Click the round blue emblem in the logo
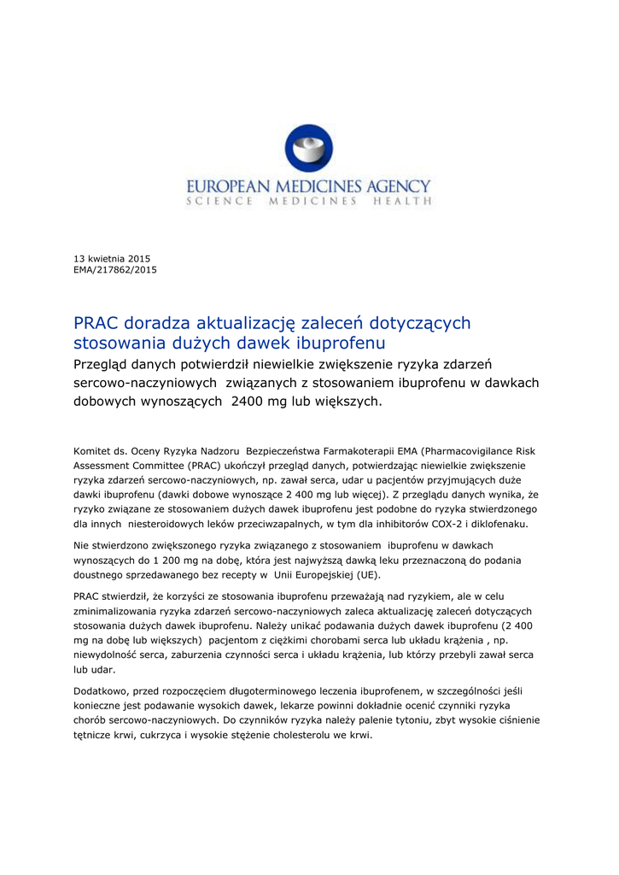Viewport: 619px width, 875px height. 309,151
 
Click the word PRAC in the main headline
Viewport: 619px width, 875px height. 96,324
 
